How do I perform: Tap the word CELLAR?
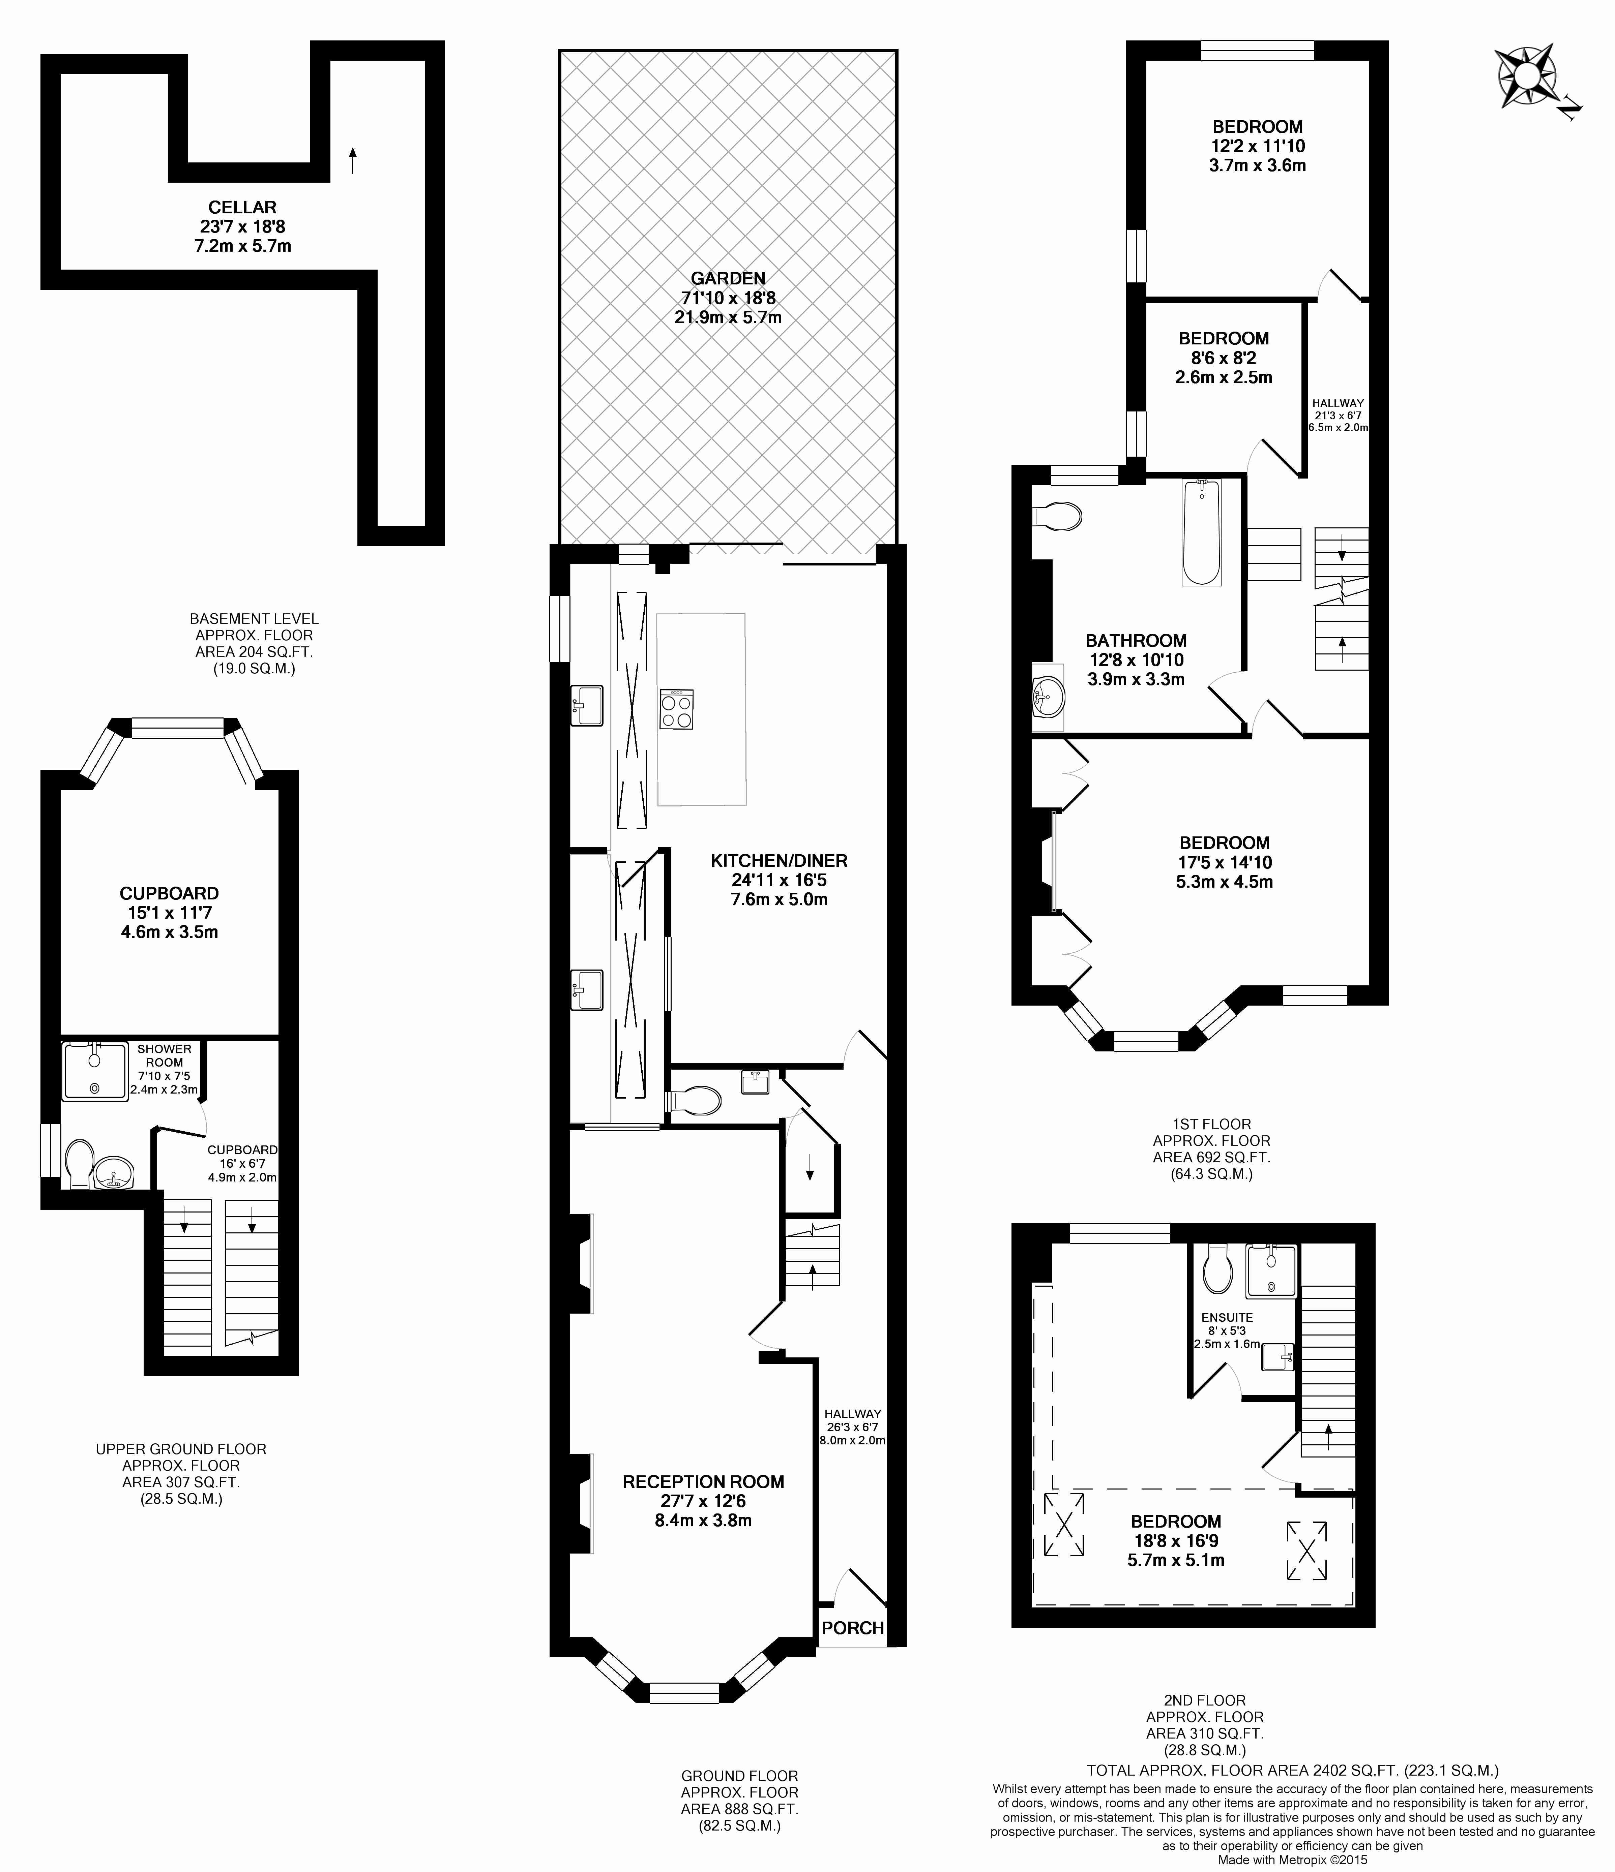[242, 207]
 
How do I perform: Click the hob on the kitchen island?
[676, 709]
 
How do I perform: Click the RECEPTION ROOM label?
[703, 1482]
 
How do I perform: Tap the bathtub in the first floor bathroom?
[1201, 533]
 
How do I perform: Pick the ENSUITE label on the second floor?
[1226, 1317]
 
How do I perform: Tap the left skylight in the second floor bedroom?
[1065, 1524]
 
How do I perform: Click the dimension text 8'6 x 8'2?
[1224, 358]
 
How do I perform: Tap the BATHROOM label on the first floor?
[1136, 641]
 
